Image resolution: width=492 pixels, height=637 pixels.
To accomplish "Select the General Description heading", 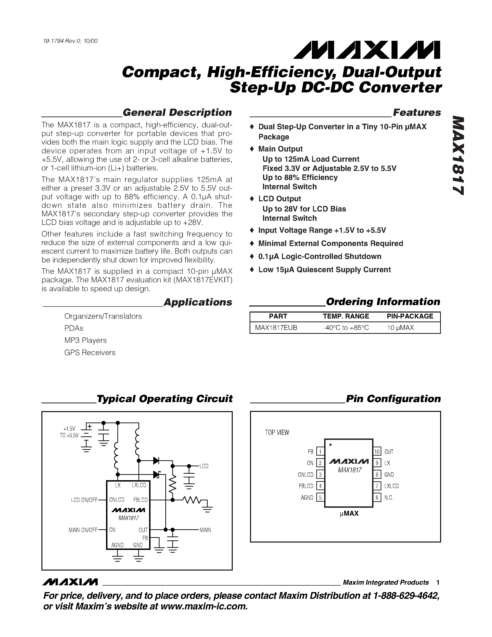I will pyautogui.click(x=177, y=113).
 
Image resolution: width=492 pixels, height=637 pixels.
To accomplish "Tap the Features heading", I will pyautogui.click(x=417, y=113).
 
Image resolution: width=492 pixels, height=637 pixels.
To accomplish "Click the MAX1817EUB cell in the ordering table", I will pyautogui.click(x=276, y=328).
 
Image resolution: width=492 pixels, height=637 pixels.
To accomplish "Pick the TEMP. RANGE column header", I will pyautogui.click(x=346, y=316).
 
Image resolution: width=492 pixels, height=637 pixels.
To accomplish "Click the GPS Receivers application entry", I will pyautogui.click(x=90, y=353).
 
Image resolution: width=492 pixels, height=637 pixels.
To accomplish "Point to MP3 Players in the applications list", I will pyautogui.click(x=85, y=340).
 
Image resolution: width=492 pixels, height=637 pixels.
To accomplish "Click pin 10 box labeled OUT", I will pyautogui.click(x=377, y=452).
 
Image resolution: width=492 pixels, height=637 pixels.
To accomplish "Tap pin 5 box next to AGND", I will pyautogui.click(x=320, y=498).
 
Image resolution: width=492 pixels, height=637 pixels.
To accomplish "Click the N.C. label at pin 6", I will pyautogui.click(x=389, y=498).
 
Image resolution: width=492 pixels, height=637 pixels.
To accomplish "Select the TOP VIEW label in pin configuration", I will pyautogui.click(x=277, y=432).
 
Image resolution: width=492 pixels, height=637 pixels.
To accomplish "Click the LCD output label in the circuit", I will pyautogui.click(x=204, y=466).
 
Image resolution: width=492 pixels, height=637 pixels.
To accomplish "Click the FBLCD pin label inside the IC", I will pyautogui.click(x=140, y=500).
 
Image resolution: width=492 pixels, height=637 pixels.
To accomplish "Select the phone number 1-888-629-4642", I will pyautogui.click(x=406, y=596).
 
